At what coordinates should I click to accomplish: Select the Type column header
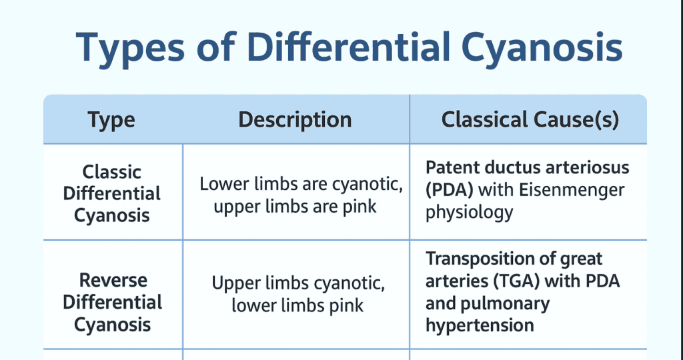pyautogui.click(x=111, y=120)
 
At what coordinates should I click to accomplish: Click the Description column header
pyautogui.click(x=295, y=120)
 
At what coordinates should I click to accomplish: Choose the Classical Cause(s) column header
pyautogui.click(x=530, y=120)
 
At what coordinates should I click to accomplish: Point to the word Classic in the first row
pyautogui.click(x=112, y=172)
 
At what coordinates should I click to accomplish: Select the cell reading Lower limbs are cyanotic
pyautogui.click(x=301, y=184)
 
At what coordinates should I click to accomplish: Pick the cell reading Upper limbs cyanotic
pyautogui.click(x=297, y=283)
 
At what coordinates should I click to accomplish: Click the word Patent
pyautogui.click(x=451, y=167)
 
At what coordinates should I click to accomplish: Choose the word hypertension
pyautogui.click(x=480, y=326)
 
